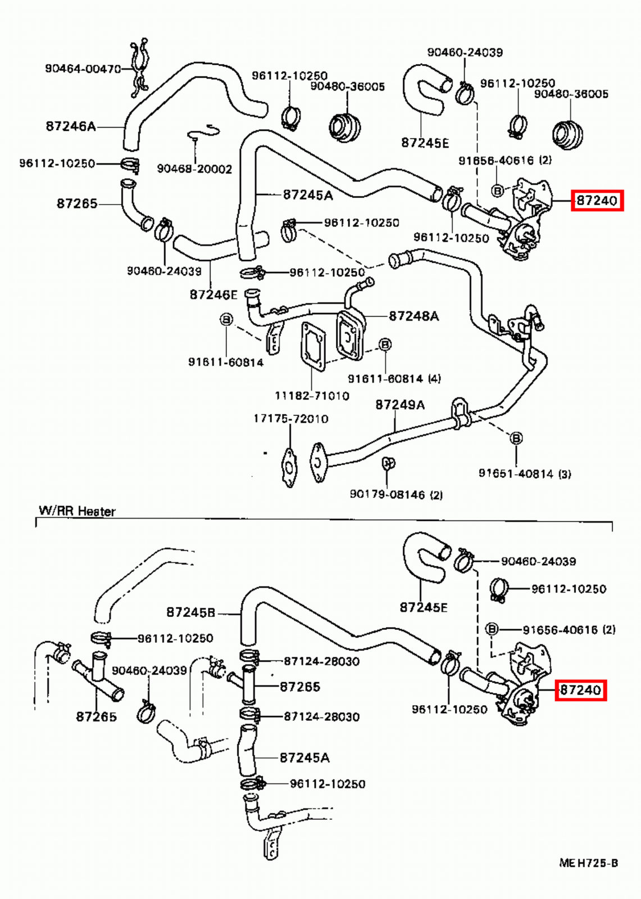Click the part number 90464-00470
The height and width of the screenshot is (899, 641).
83,69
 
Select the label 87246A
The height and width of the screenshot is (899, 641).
71,126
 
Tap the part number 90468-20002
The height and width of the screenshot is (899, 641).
194,169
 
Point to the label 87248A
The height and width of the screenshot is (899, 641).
413,316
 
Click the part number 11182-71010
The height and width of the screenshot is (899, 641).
312,396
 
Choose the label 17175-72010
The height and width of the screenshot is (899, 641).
290,419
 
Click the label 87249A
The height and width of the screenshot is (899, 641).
400,405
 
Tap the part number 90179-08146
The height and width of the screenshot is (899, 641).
388,494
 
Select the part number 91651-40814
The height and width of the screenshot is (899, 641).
516,474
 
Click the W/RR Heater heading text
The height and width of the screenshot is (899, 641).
77,511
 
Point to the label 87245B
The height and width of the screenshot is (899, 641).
191,612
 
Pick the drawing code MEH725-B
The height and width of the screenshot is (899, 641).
588,863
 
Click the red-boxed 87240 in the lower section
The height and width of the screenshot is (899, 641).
581,689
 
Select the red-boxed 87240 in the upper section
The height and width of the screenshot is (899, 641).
597,200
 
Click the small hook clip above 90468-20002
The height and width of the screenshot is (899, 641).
203,132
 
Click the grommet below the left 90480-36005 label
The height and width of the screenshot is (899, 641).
344,126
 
